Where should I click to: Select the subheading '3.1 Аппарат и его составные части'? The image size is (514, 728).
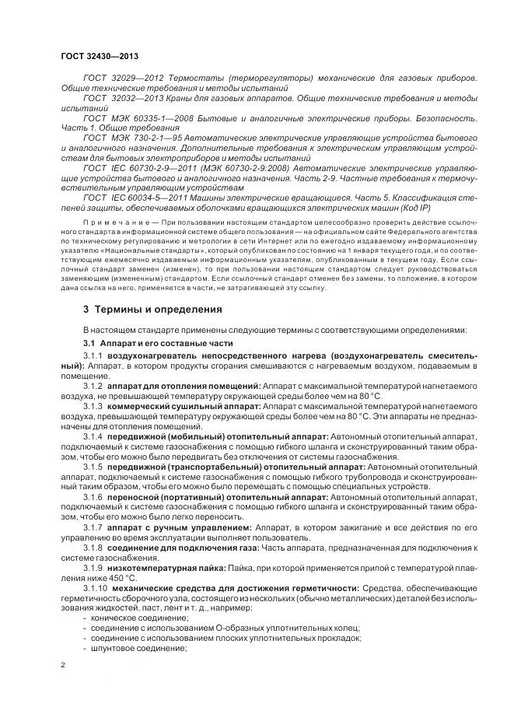156,343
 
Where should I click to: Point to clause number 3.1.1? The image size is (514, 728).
93,355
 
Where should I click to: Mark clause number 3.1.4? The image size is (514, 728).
93,437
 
